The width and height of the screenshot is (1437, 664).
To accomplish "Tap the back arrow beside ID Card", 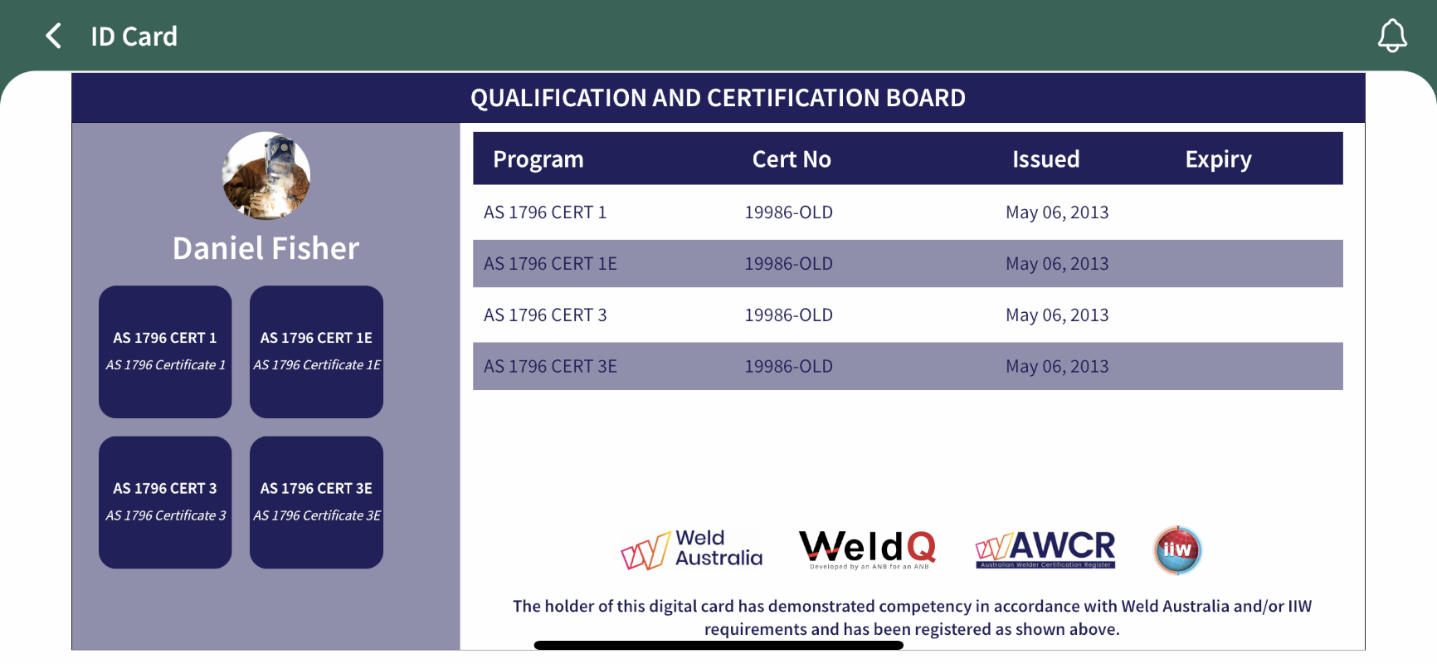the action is click(53, 36).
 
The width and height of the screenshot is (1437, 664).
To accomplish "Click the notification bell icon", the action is click(1392, 36).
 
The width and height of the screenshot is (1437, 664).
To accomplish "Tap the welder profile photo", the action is click(266, 176).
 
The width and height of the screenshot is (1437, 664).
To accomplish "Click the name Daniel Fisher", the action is click(265, 248).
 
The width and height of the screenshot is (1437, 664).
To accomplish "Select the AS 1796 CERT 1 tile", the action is click(165, 352).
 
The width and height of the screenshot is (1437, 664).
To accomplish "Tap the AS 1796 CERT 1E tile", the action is click(316, 352).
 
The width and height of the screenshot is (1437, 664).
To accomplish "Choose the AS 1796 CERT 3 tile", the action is click(165, 502).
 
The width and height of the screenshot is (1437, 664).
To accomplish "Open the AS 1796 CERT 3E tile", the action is click(316, 502).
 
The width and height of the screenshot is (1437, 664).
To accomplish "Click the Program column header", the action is click(538, 159).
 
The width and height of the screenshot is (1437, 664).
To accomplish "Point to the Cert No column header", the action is click(792, 159).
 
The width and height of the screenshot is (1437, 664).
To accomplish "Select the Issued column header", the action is click(1045, 159).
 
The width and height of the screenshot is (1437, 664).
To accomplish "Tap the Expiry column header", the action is click(1218, 159).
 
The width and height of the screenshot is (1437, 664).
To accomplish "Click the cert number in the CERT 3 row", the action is click(788, 315).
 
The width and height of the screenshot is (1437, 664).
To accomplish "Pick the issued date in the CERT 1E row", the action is click(1057, 264).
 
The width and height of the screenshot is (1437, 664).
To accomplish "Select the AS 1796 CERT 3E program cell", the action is click(550, 367).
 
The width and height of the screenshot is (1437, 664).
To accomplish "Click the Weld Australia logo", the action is click(691, 549).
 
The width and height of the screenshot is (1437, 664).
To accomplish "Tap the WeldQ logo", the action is click(868, 549).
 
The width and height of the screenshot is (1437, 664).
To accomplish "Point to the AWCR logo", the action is click(1045, 549).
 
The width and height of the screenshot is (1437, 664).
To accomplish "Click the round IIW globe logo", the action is click(1177, 549).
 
